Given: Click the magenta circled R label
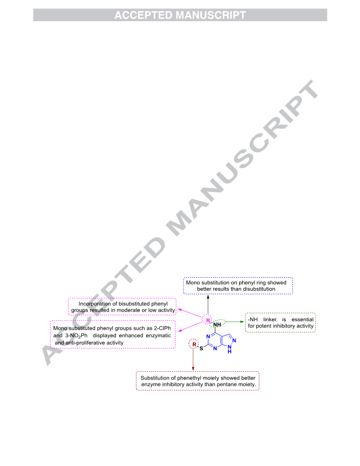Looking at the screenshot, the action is [x=208, y=320].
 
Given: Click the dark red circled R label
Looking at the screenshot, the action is [x=194, y=345].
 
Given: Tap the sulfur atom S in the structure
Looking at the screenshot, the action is [x=201, y=348].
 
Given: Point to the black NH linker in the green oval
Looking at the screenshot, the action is [x=217, y=324].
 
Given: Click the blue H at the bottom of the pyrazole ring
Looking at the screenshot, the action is [x=229, y=352].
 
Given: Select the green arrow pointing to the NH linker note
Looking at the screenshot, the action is [x=235, y=322].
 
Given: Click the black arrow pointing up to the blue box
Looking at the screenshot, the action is [x=208, y=304].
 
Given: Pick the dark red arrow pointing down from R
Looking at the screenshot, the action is [x=193, y=359].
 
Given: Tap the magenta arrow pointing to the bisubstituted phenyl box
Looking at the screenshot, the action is [x=190, y=313].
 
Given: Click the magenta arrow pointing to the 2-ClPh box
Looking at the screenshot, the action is [x=190, y=327].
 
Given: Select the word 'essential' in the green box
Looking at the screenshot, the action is [x=302, y=319].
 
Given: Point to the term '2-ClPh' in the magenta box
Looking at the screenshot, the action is [x=162, y=328].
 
